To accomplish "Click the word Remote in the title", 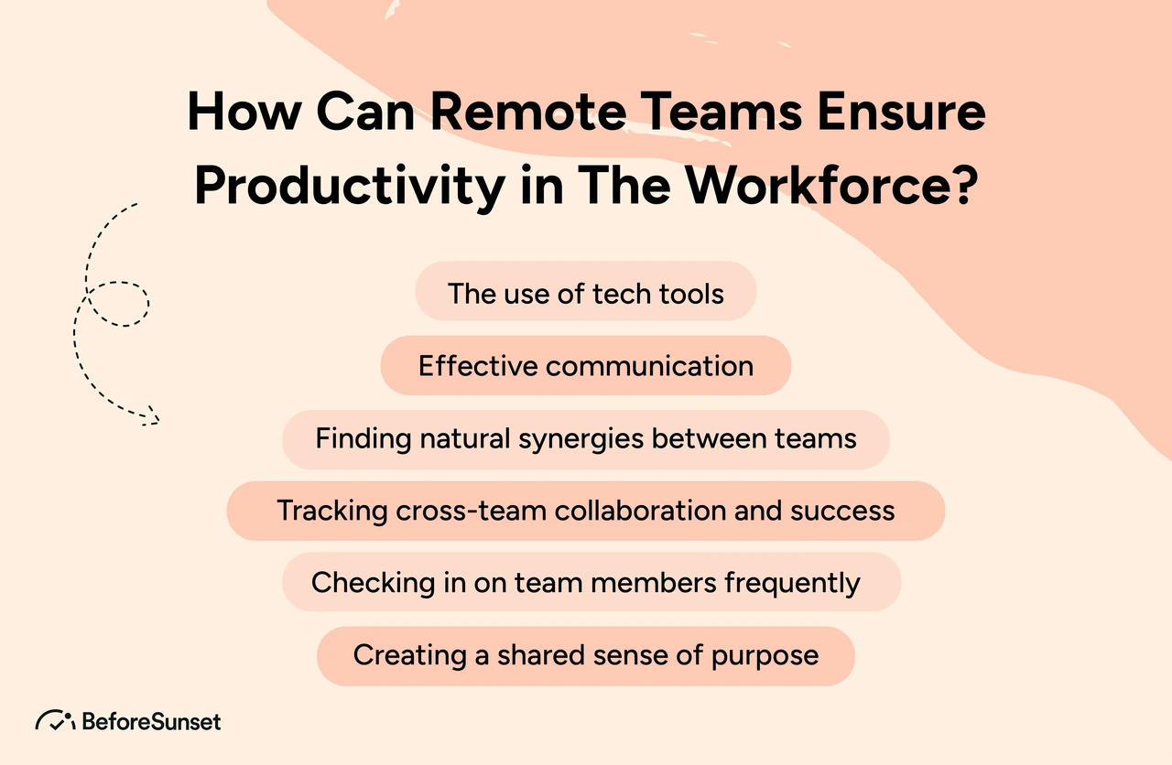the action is coord(528,111).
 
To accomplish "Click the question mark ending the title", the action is coord(964,186).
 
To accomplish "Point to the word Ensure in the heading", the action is coord(901,111).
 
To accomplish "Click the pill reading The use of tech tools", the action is coord(585,291).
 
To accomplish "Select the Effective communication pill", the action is coord(585,365).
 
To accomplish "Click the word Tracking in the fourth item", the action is coord(331,512).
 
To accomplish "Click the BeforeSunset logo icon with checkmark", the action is coord(55,720).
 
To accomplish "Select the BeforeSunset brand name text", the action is coord(151,722).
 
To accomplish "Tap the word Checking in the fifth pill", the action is coord(373,584).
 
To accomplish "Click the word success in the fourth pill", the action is coord(842,512).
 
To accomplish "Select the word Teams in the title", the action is coord(721,111).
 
